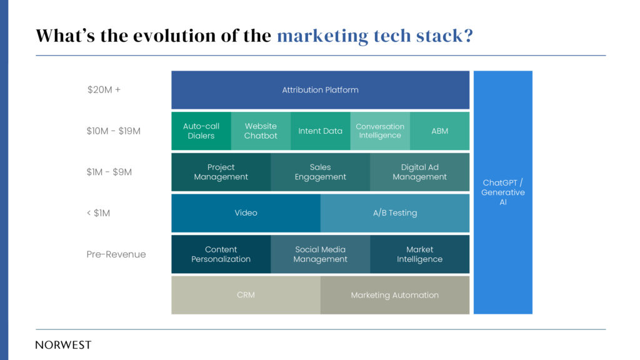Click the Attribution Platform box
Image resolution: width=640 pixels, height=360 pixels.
pos(321,90)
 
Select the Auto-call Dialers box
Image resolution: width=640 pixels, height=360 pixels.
pos(201,131)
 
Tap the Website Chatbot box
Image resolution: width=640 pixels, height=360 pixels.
pos(261,131)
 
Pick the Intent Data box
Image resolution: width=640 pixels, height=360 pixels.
pos(321,131)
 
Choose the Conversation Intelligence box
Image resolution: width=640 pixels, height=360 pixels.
pos(380,131)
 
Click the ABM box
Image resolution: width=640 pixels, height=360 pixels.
pos(439,131)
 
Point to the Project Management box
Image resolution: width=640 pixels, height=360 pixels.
pos(221,172)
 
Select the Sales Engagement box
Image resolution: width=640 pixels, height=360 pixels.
pos(321,172)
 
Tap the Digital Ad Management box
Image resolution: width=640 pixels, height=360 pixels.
pos(419,172)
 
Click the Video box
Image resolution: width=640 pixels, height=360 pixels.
pos(246,213)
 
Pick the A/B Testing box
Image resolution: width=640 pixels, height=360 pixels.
pos(395,213)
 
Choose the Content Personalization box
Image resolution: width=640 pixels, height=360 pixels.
pos(221,254)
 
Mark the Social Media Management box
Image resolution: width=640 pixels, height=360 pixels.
pos(321,254)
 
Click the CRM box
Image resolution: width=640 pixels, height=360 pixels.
pos(246,295)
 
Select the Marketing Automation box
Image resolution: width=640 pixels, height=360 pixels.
pos(395,295)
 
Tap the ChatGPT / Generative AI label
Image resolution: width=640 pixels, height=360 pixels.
pos(503,192)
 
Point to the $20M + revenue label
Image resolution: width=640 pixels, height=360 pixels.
pos(104,90)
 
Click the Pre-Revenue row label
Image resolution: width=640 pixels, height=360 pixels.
pos(116,254)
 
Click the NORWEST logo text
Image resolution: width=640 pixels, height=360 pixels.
pos(63,345)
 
